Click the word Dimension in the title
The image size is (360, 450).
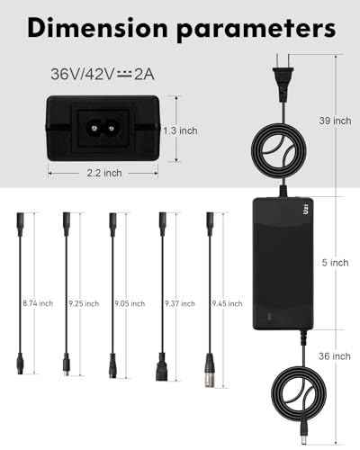[x=97, y=28]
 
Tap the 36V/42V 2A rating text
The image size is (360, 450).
[x=103, y=75]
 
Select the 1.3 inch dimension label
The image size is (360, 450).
[x=180, y=130]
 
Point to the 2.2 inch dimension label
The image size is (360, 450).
[x=104, y=173]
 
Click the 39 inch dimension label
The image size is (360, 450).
[x=335, y=121]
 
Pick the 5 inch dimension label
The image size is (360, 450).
[x=336, y=263]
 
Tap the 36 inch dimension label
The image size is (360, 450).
[x=335, y=356]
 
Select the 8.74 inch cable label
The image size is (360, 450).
[x=38, y=303]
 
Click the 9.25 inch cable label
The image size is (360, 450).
[x=84, y=303]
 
